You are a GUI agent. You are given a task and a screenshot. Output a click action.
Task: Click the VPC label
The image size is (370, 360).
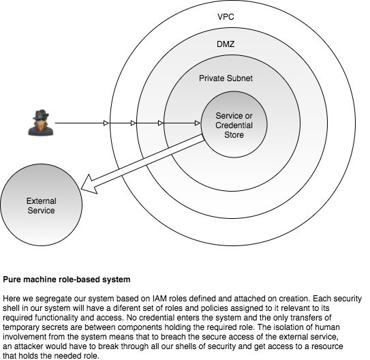click(226, 17)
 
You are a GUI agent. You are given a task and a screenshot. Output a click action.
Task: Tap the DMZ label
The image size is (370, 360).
click(226, 44)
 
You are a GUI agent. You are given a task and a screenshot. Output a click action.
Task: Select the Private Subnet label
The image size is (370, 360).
click(226, 78)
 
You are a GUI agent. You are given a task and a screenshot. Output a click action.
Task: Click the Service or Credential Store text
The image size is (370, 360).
click(234, 125)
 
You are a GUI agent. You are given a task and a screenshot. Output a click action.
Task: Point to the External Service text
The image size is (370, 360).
click(42, 206)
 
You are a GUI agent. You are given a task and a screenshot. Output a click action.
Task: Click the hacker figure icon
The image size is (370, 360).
click(41, 123)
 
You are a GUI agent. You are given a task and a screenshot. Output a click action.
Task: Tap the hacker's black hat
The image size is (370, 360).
click(41, 115)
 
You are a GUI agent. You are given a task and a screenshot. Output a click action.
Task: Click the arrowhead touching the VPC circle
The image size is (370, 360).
click(106, 123)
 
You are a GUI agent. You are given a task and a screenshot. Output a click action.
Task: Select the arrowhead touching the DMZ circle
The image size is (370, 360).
click(134, 123)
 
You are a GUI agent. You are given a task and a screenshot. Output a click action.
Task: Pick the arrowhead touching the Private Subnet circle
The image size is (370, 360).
click(160, 123)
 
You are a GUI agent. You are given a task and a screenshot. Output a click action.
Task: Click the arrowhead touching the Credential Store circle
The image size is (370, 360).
click(198, 123)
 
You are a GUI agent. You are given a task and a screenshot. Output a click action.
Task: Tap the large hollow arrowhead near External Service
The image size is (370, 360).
click(89, 185)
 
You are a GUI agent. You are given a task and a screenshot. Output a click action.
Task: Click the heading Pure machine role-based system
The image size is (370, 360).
click(67, 280)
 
